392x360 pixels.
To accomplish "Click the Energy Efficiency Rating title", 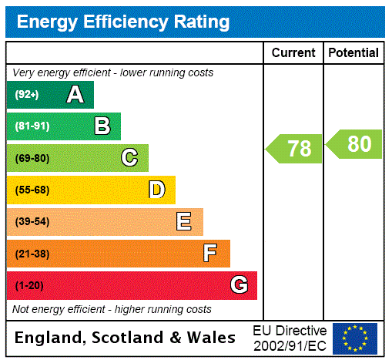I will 123,22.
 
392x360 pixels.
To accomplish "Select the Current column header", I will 293,53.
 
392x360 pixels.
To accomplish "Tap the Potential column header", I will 353,53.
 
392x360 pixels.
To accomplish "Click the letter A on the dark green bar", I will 75,95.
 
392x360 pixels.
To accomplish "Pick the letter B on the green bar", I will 102,126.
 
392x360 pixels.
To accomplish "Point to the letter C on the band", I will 129,158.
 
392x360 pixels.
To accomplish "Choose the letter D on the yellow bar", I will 156,190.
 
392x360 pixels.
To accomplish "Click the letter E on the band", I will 184,222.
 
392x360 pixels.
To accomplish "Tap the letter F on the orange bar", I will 210,254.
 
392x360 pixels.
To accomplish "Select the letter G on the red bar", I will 239,285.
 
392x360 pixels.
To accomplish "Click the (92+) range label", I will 26,95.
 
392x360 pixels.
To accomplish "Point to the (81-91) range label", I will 32,126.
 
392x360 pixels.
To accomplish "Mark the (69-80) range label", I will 32,158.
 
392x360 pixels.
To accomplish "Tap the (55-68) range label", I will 32,190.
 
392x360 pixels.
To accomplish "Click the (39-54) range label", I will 32,222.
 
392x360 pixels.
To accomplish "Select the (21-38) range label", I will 32,254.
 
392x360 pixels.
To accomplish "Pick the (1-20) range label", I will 29,285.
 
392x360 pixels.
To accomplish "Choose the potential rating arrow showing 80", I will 354,144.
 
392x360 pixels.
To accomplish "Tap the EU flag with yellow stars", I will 355,338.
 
